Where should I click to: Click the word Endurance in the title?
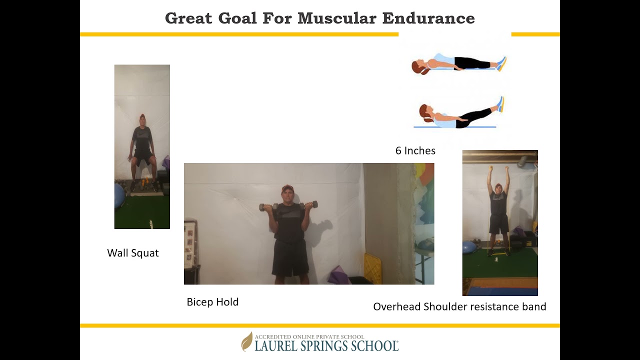428,18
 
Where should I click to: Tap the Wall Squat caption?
132,253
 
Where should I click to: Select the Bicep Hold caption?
212,302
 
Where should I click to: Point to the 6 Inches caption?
415,150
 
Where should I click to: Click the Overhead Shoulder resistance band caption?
459,306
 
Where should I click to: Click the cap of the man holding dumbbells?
287,188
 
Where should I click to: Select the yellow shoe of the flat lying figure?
501,63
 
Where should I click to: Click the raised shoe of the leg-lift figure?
500,103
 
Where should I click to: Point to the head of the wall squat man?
142,120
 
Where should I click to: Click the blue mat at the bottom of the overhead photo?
500,290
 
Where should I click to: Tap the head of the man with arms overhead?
498,188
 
